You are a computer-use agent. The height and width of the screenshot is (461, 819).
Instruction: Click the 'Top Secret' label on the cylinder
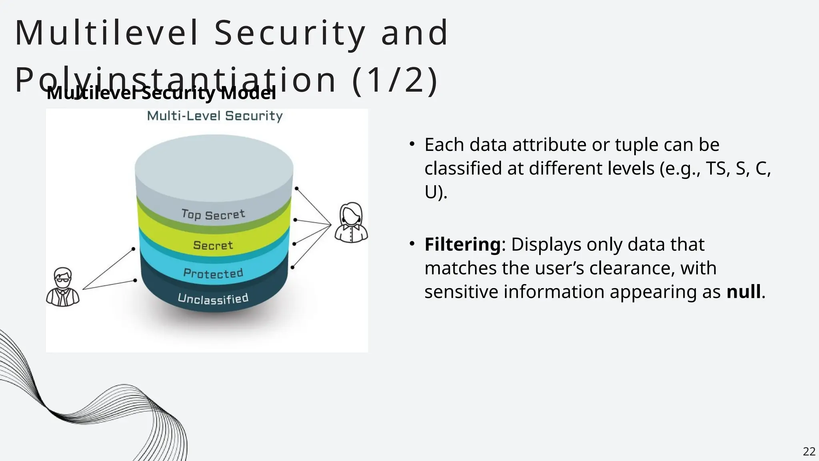pos(213,214)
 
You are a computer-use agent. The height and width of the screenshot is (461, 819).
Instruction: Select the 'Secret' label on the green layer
pos(213,245)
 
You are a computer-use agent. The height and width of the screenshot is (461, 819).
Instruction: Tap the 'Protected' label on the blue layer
pos(213,273)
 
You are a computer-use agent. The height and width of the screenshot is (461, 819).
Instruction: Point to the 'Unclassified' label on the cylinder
pos(213,299)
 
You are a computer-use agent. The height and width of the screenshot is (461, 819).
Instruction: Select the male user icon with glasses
pos(63,287)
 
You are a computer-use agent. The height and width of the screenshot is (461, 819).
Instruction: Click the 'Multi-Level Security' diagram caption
pos(215,116)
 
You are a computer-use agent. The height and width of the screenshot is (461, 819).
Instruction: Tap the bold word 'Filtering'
pos(462,244)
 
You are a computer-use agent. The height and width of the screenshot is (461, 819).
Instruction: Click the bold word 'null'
pos(743,291)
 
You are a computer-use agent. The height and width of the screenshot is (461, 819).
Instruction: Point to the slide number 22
pos(809,451)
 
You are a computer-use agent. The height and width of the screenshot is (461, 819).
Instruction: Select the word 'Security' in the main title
pos(290,33)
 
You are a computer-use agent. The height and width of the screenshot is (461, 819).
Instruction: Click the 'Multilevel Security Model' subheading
pos(161,93)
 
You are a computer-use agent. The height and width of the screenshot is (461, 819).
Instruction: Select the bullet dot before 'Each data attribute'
pos(412,144)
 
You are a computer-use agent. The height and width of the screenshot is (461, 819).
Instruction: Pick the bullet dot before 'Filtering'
pos(412,244)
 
